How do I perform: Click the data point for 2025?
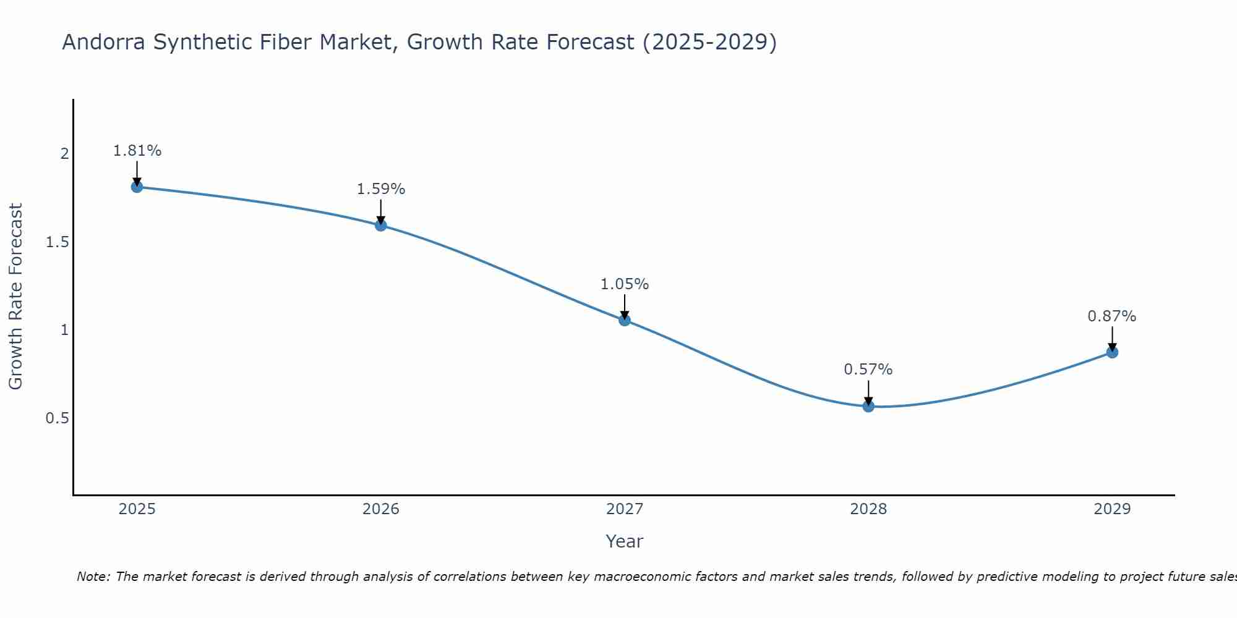[x=137, y=187]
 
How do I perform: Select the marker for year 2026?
[x=381, y=225]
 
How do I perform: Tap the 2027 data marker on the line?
[x=625, y=320]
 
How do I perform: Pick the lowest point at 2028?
[x=868, y=406]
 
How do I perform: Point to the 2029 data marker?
[x=1112, y=352]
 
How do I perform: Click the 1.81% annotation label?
[x=137, y=151]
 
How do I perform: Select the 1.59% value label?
[x=381, y=189]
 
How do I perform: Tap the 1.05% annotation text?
[x=625, y=284]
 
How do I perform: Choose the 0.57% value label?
[x=868, y=370]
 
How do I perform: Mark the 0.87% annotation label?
[x=1112, y=316]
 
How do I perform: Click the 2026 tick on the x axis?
[x=381, y=509]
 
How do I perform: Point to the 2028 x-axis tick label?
[x=868, y=509]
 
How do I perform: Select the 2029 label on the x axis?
[x=1112, y=509]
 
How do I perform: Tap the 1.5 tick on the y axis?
[x=58, y=242]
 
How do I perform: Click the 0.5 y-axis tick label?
[x=58, y=418]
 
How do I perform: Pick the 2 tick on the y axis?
[x=64, y=154]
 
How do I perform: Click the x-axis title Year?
[x=625, y=541]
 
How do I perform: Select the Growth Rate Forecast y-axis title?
[x=15, y=297]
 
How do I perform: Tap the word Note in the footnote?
[x=93, y=577]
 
